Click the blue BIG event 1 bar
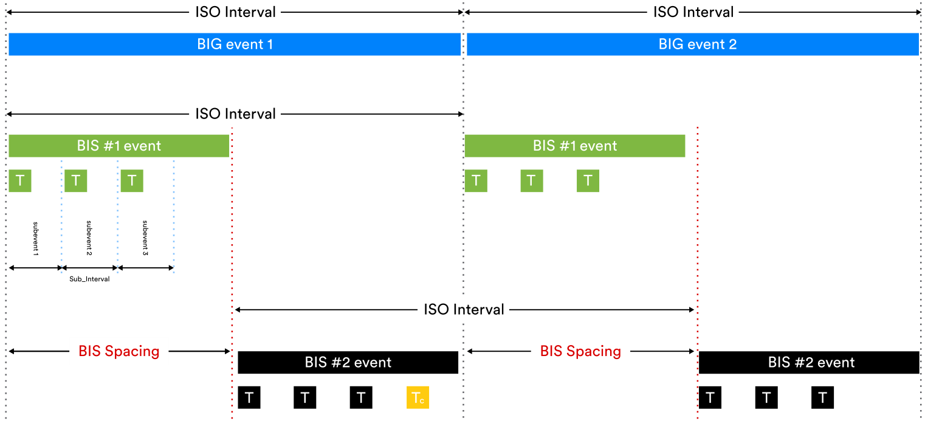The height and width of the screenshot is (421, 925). coord(235,44)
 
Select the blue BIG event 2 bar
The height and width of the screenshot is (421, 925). coord(692,44)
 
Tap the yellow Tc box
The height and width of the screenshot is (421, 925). coord(418,398)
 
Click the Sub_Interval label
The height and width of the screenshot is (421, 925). coord(89,279)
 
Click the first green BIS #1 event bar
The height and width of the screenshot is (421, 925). coord(119,146)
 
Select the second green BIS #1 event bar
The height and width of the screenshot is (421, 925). coord(574,146)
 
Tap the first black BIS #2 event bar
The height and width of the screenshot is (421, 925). coord(348,363)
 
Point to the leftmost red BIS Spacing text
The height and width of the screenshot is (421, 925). coord(119,351)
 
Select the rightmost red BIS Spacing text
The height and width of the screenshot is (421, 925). coord(580,351)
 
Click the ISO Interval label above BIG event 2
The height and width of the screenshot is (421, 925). coord(693,12)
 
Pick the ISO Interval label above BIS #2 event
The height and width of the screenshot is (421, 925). coord(464,309)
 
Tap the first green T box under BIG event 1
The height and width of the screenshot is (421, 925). coord(20,180)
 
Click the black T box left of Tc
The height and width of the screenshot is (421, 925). coord(361,398)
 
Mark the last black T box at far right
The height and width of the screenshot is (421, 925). coord(822,398)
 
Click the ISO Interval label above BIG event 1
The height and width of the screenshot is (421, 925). coord(235,12)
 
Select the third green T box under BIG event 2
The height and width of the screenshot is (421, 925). coord(588,180)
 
